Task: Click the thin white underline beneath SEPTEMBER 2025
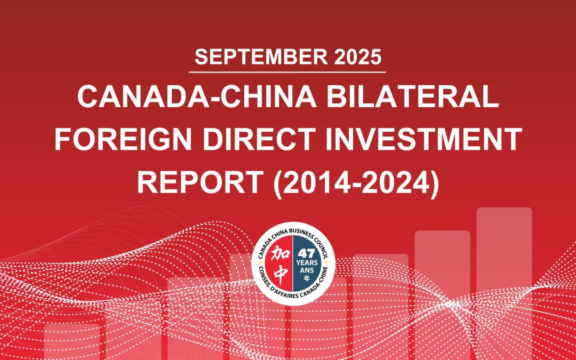point(287,71)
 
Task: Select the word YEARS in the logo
point(306,263)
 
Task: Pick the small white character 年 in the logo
point(306,278)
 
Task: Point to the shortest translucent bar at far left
point(71,341)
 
